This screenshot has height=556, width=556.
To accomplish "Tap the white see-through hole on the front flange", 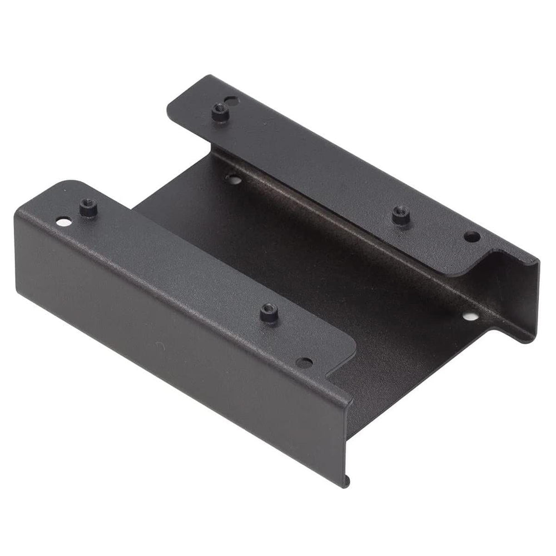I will (64, 222).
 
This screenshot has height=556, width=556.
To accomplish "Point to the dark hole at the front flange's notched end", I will (304, 362).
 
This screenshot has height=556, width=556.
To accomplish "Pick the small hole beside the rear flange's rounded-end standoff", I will (232, 101).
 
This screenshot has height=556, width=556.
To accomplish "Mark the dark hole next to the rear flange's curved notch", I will (471, 236).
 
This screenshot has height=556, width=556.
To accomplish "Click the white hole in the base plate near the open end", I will (470, 317).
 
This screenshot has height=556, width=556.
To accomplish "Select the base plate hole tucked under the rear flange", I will (234, 179).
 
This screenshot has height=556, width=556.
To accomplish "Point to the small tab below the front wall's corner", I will (347, 479).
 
